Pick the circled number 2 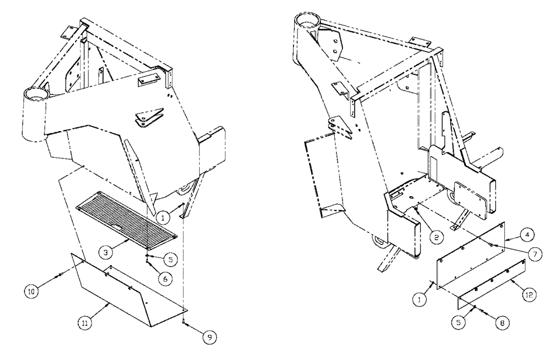point(436,236)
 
